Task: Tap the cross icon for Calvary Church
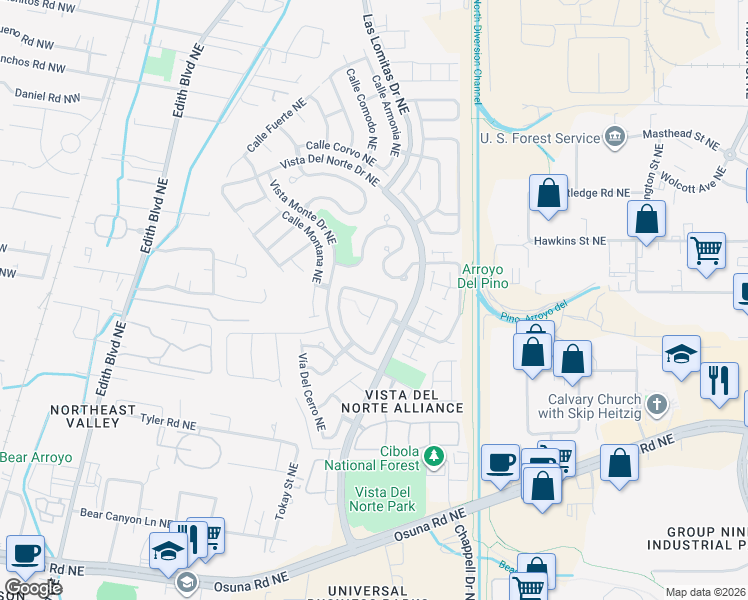(656, 404)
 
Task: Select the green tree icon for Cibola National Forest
(433, 457)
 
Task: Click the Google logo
(32, 587)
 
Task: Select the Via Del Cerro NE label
(311, 391)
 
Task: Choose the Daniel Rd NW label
(48, 96)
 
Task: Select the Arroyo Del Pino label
(485, 275)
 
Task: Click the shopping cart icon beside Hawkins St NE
(706, 250)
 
